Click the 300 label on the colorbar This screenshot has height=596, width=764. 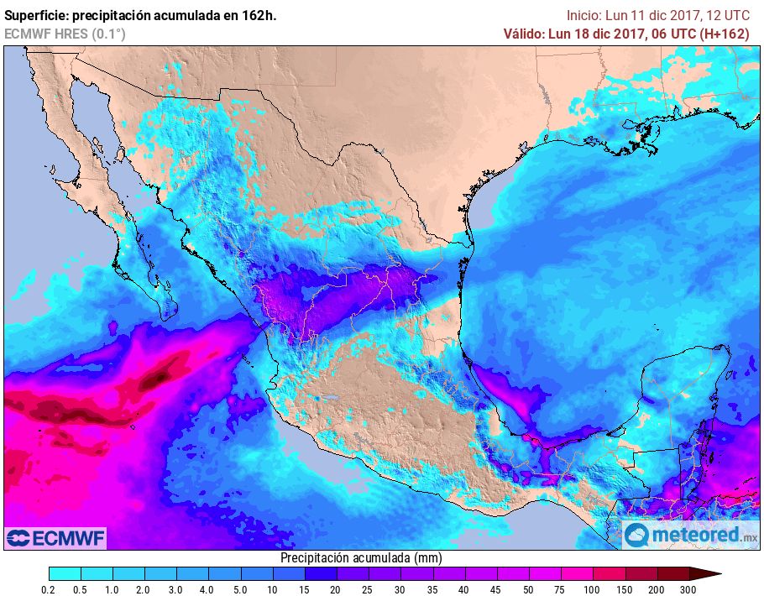(689, 589)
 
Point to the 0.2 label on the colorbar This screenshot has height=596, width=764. (49, 589)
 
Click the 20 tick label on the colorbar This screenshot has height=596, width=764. (336, 589)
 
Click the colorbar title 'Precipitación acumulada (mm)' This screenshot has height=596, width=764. (361, 557)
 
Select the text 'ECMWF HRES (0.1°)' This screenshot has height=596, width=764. (65, 34)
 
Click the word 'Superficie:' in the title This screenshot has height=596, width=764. (39, 15)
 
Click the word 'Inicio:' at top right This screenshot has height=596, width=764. (585, 15)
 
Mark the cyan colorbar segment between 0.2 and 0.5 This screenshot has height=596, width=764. (65, 573)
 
